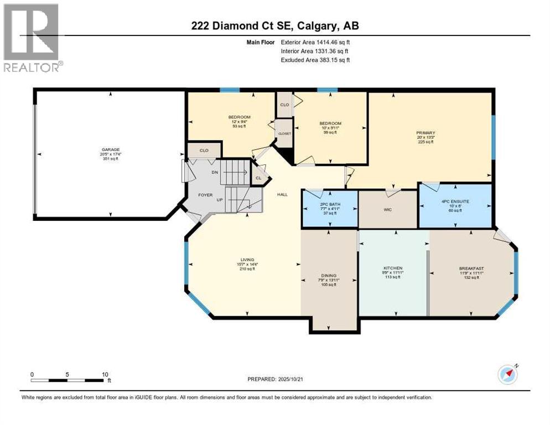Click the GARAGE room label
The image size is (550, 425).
click(110, 149)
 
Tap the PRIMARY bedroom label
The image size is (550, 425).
click(426, 133)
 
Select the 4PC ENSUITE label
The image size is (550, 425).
click(455, 201)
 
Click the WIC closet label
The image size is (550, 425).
click(387, 210)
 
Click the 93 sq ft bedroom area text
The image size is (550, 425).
click(240, 126)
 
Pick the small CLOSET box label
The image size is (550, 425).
click(284, 133)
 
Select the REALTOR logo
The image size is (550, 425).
click(32, 38)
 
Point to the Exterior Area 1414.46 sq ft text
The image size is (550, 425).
click(315, 42)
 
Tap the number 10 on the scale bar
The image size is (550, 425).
click(105, 374)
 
